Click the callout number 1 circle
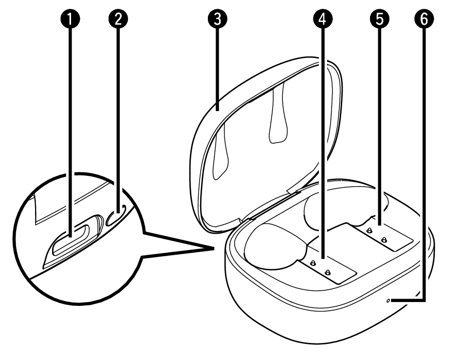70,19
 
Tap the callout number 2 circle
118,19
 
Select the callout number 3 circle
218,19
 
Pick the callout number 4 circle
323,19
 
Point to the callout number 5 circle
380,19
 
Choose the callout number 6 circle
424,19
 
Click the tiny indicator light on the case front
388,301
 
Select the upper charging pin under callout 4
313,263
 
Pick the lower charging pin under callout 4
327,273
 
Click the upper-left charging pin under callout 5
369,230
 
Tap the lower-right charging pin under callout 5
383,240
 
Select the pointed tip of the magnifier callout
214,248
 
